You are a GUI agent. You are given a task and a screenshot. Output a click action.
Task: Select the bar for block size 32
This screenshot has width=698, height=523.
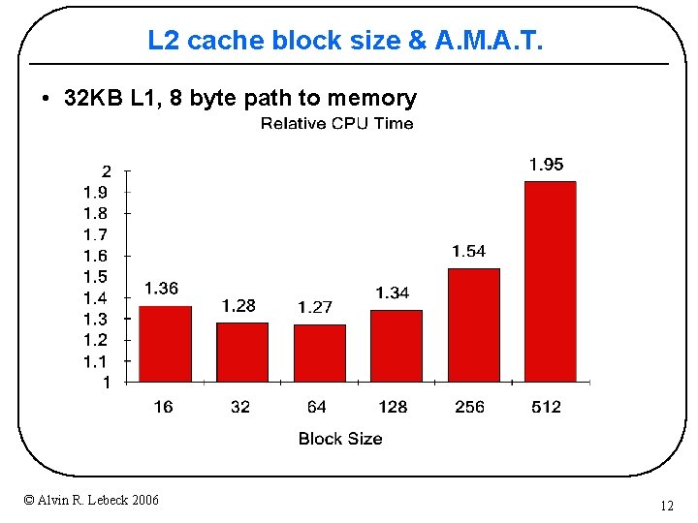click(x=241, y=351)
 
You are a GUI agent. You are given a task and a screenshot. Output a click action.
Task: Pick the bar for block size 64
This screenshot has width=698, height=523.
click(x=319, y=352)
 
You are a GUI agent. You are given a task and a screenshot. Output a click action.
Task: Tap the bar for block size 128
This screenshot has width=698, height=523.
click(x=396, y=345)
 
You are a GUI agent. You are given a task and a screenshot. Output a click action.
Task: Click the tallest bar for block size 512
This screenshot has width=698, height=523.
click(x=550, y=281)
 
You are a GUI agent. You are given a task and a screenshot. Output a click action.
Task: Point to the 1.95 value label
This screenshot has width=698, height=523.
click(x=546, y=165)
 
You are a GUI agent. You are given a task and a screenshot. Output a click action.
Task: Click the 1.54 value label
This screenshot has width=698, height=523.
click(x=468, y=251)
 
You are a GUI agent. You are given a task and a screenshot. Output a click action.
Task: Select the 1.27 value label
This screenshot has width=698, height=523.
click(x=315, y=307)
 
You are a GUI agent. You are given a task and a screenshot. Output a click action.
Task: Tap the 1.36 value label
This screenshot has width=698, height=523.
click(x=161, y=288)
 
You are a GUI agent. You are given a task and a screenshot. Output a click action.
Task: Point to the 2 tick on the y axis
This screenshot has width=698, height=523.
click(x=107, y=171)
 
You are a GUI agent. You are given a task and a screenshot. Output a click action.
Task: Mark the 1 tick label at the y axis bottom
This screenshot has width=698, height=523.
click(x=107, y=383)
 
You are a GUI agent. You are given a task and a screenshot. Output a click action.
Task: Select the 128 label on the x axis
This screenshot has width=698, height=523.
click(x=393, y=407)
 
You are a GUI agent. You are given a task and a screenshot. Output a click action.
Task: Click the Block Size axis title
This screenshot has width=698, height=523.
click(x=340, y=439)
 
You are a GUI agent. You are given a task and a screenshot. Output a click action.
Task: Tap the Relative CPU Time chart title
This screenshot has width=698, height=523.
click(x=336, y=123)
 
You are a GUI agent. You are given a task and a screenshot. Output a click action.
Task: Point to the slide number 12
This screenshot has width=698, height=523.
click(x=666, y=506)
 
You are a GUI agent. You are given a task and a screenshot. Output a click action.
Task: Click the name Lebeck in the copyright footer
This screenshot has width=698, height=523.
click(x=108, y=500)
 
